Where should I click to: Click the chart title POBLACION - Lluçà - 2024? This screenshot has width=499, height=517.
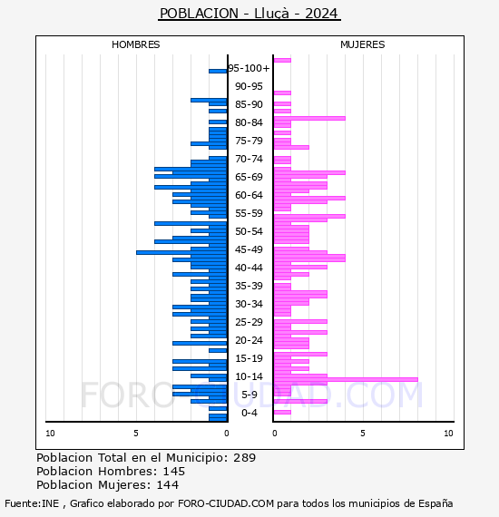click(x=249, y=14)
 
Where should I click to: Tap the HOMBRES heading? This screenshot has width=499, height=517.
click(x=135, y=44)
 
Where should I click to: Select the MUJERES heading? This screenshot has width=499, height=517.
click(x=363, y=44)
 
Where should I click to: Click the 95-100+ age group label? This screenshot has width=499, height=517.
click(x=249, y=68)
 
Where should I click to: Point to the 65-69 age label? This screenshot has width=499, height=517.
click(x=249, y=177)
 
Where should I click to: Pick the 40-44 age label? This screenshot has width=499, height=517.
click(x=249, y=268)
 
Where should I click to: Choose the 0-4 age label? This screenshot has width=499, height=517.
click(x=249, y=413)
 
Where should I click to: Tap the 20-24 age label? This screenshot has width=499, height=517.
click(x=249, y=340)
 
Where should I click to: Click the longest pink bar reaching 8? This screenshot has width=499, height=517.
click(x=346, y=379)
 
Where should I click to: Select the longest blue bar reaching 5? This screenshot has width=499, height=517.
click(x=181, y=252)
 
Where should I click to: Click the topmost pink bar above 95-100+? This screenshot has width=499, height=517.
click(x=283, y=61)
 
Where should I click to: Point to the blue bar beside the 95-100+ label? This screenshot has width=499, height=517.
click(x=218, y=72)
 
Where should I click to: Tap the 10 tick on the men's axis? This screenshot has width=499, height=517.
click(x=50, y=434)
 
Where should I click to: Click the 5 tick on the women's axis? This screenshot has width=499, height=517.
click(x=363, y=434)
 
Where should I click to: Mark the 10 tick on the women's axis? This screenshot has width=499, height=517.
click(x=448, y=434)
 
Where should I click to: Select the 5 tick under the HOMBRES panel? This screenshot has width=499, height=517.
click(x=136, y=434)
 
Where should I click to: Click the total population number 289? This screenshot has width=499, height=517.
click(x=244, y=458)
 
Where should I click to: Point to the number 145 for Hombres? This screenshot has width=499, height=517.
click(x=174, y=472)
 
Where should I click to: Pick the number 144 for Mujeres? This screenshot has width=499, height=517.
click(x=168, y=485)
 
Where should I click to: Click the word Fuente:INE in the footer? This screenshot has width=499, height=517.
click(x=32, y=503)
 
